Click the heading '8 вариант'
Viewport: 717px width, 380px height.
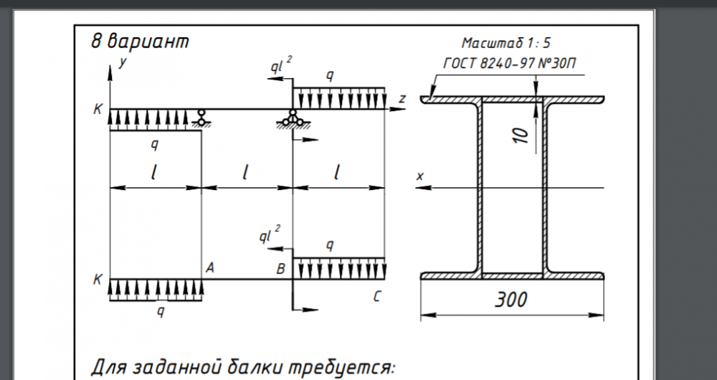141,41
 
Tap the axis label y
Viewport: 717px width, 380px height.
123,63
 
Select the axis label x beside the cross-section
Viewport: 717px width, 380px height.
420,175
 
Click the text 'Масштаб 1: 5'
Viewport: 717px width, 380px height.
505,42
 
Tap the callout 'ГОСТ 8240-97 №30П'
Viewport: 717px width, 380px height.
511,65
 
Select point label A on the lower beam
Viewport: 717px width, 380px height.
210,268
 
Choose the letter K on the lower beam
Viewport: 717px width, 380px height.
98,280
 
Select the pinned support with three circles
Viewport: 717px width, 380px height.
292,120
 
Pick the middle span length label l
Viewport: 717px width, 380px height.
246,171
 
